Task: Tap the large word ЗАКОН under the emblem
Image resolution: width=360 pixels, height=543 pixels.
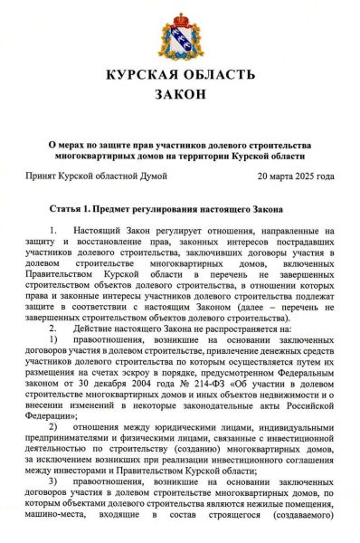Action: [180, 94]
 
